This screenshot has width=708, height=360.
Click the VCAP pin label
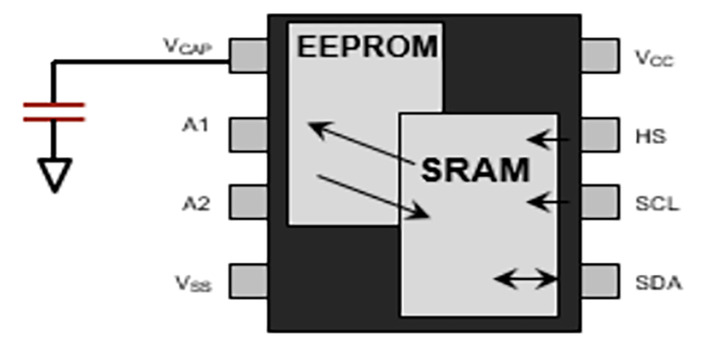pyautogui.click(x=186, y=48)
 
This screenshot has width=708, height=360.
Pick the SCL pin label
pyautogui.click(x=657, y=204)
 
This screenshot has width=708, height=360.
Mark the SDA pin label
pyautogui.click(x=658, y=283)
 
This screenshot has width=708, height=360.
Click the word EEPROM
pyautogui.click(x=367, y=47)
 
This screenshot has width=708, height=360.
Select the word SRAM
pyautogui.click(x=474, y=169)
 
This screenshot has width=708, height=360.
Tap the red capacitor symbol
pyautogui.click(x=53, y=112)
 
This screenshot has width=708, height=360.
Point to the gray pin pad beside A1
pyautogui.click(x=248, y=134)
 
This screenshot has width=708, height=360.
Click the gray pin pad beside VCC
pyautogui.click(x=600, y=55)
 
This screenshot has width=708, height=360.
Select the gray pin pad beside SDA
pyautogui.click(x=600, y=281)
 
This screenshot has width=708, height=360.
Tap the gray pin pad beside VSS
pyautogui.click(x=248, y=281)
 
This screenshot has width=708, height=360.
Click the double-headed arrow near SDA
pyautogui.click(x=527, y=278)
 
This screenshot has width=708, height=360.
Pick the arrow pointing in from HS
pyautogui.click(x=548, y=140)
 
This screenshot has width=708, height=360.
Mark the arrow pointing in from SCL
pyautogui.click(x=548, y=203)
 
